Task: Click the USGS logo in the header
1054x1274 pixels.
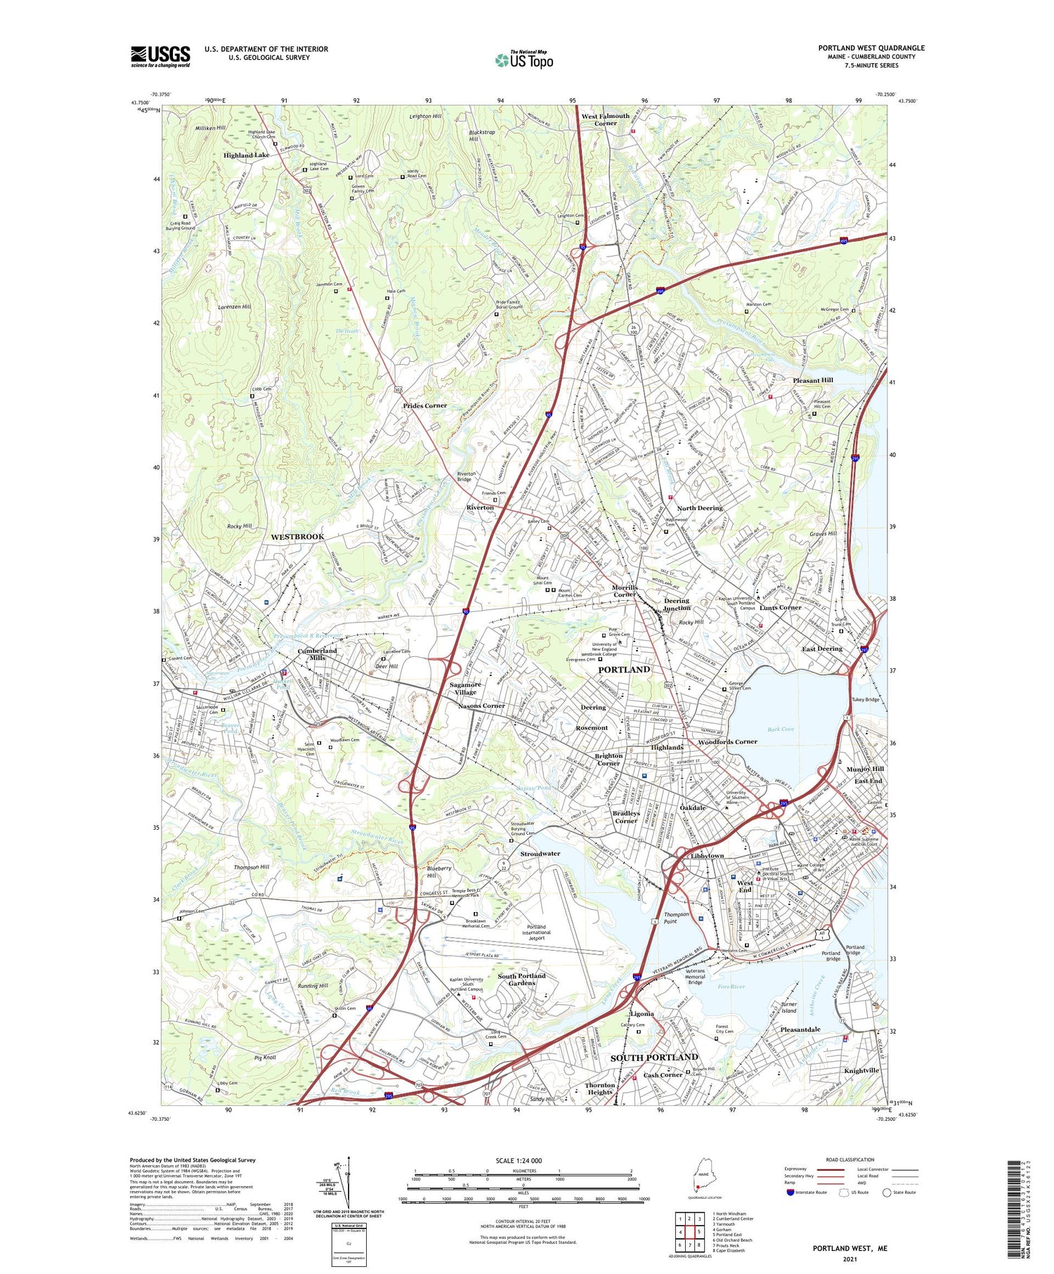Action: (x=160, y=56)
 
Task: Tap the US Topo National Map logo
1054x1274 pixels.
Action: (x=524, y=59)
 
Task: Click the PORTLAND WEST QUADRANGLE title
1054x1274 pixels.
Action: (x=871, y=48)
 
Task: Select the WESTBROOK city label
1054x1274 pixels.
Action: (x=297, y=537)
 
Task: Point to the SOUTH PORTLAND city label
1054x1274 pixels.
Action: (x=653, y=1058)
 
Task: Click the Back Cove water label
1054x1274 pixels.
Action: (x=780, y=729)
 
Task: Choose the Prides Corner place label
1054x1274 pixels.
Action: (x=424, y=406)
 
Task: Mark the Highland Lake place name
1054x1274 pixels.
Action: (x=246, y=155)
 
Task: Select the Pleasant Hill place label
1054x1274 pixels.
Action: (x=812, y=380)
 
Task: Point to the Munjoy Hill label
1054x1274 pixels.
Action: (x=864, y=769)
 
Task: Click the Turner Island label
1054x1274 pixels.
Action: (x=788, y=1008)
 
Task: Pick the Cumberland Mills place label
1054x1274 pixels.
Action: (x=317, y=654)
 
